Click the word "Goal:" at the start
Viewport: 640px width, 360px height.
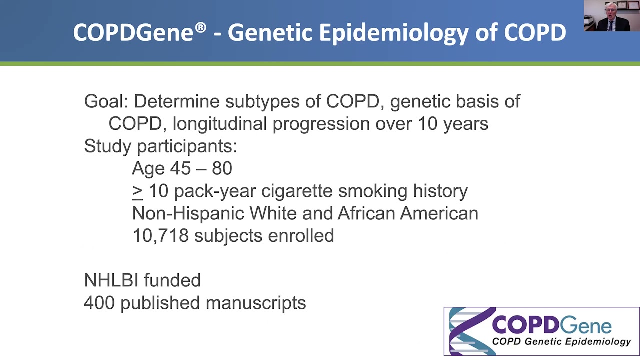(x=106, y=101)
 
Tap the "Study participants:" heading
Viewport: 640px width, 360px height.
(x=160, y=146)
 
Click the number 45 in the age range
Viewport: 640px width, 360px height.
(x=180, y=168)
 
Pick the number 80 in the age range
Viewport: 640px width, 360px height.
(x=222, y=168)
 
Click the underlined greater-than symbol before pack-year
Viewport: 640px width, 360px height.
(x=137, y=191)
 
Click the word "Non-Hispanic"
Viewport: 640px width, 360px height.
(x=188, y=213)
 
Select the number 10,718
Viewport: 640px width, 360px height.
(x=160, y=236)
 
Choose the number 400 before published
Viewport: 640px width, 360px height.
(x=99, y=303)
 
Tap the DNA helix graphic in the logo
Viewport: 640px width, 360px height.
(x=468, y=331)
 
